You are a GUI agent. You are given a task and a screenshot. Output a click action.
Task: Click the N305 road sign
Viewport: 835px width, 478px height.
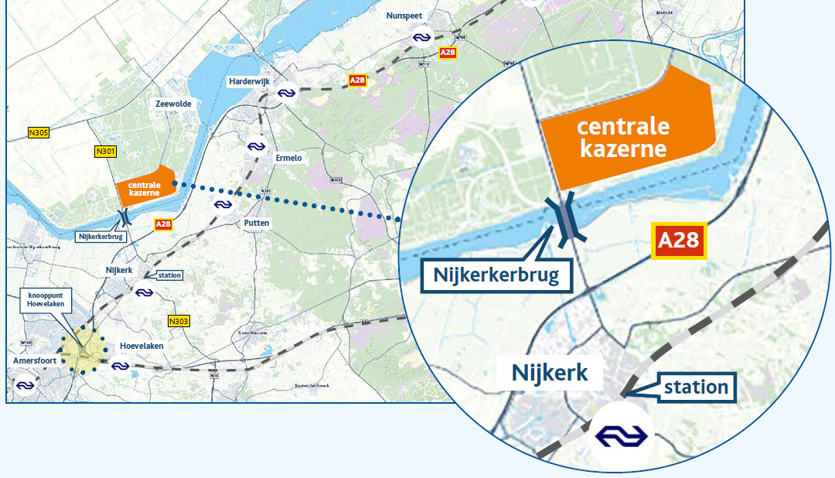point(39,133)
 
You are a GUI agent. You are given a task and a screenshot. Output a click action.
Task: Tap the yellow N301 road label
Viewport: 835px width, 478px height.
point(105,152)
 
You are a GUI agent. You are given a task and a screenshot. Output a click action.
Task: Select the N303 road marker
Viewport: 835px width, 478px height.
point(179,320)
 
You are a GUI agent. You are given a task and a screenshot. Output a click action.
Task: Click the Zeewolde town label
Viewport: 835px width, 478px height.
point(172,104)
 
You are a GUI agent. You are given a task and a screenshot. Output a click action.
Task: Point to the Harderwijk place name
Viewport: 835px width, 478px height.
point(248,82)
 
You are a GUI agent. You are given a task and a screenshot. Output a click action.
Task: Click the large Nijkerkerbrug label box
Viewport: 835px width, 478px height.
point(496,275)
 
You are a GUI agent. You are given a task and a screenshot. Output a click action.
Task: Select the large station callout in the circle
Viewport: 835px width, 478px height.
point(695,387)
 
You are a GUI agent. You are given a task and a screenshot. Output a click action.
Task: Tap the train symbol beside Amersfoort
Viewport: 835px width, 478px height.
point(26,384)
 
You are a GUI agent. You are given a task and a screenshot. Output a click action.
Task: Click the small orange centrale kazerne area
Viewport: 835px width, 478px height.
point(144,186)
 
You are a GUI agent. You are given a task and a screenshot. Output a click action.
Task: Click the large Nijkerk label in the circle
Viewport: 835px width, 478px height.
point(550,374)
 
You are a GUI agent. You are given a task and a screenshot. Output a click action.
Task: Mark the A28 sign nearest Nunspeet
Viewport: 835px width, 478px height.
point(448,53)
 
